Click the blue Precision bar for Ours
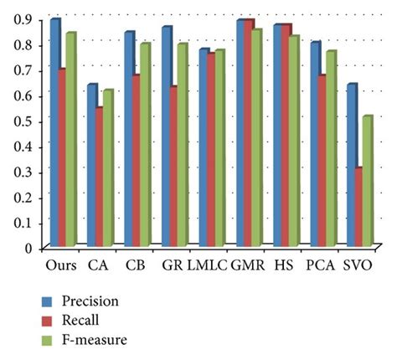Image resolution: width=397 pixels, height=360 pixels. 54,134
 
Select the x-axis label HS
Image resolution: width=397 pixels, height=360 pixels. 286,265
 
